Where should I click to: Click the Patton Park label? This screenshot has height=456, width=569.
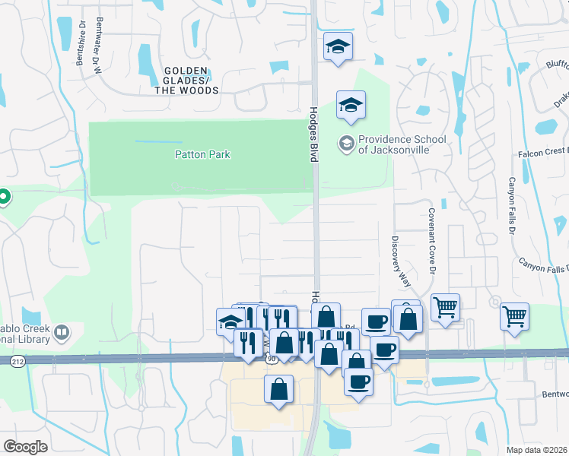click(202, 154)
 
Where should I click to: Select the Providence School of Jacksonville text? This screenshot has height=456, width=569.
click(394, 144)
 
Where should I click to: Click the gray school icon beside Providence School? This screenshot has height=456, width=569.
click(347, 143)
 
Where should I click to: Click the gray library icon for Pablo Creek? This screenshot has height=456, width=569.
click(61, 332)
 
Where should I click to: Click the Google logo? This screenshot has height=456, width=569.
click(25, 447)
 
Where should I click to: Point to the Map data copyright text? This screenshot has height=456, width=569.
click(537, 450)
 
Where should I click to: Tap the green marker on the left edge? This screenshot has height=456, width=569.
click(3, 198)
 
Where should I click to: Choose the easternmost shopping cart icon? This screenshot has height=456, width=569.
click(514, 315)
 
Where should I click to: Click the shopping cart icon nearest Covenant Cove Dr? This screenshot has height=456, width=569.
click(445, 308)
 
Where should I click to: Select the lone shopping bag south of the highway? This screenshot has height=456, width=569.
click(278, 390)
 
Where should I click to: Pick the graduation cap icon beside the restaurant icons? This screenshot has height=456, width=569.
click(230, 321)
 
